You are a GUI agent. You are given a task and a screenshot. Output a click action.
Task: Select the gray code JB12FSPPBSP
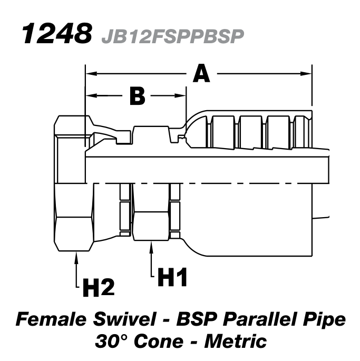point(171,35)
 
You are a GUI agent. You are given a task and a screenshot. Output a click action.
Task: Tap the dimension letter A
point(201,73)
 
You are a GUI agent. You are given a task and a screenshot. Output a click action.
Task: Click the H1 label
point(173,277)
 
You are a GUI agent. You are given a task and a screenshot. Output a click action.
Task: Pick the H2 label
point(98,287)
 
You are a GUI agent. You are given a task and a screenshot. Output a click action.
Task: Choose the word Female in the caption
point(50,320)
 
